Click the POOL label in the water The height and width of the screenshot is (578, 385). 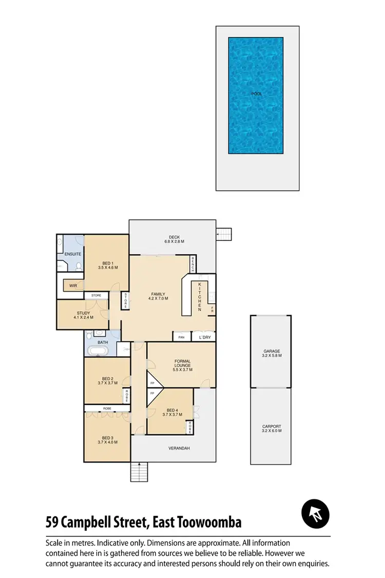coord(256,94)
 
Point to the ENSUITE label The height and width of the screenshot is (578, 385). coord(69,254)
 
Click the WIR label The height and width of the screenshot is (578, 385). coord(73,285)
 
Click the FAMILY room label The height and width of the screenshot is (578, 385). coord(158,295)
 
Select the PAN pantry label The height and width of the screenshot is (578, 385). coord(181,338)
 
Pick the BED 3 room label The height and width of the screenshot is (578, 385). coord(107,439)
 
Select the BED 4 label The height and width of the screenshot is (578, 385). coord(172,412)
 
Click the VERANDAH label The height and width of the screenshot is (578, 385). coord(179,449)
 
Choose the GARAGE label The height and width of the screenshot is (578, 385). coord(272,353)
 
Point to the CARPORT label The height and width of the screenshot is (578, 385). coord(272,428)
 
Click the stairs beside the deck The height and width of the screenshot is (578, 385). coord(224,234)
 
